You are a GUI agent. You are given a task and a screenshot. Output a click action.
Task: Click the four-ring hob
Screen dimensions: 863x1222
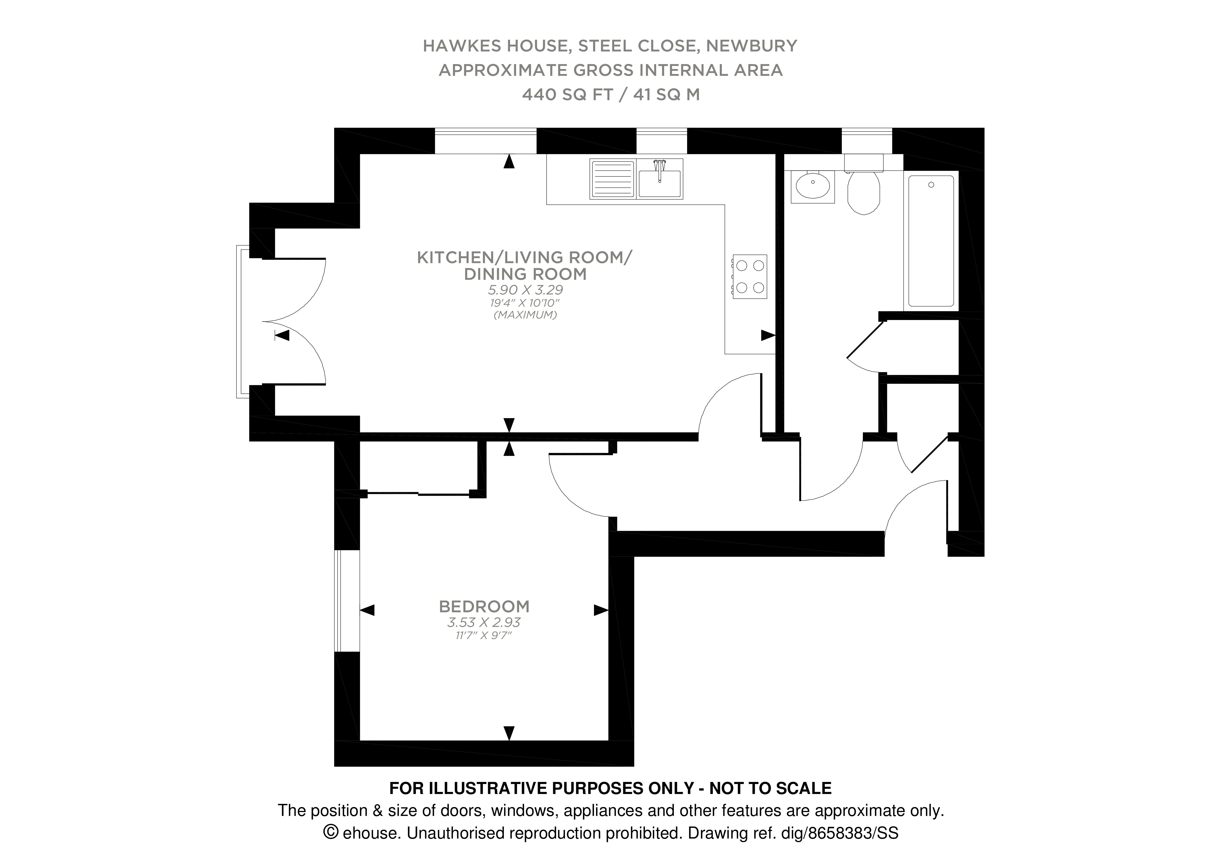[750, 277]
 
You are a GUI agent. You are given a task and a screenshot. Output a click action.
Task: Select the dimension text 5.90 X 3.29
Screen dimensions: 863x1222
[525, 290]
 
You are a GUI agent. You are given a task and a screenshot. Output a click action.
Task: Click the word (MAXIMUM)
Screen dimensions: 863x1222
[525, 315]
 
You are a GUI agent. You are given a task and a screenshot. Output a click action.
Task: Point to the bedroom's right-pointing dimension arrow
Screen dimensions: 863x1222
[600, 610]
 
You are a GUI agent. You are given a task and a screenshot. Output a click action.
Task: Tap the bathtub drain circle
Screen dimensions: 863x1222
[931, 185]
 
